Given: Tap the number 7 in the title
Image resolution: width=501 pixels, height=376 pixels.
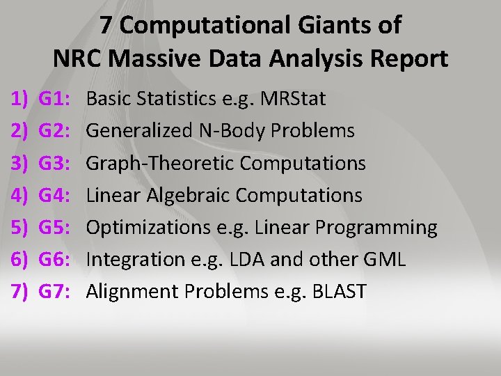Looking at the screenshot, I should click(x=106, y=26).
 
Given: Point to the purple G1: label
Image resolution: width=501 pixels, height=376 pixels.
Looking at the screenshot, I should click(x=54, y=99).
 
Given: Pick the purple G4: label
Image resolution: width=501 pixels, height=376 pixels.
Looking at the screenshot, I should click(x=54, y=195).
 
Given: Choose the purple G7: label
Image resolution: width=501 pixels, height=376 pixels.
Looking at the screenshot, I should click(x=54, y=291).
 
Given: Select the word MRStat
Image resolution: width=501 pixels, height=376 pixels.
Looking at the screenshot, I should click(x=292, y=99).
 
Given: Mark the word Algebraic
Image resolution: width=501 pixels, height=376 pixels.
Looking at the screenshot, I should click(x=184, y=195).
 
